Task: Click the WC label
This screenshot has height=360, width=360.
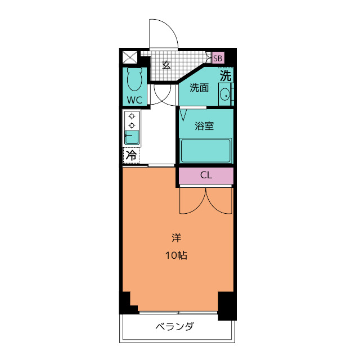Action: (134, 100)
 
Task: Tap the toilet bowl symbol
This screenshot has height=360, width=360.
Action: (134, 80)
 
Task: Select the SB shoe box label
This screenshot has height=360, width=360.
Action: (218, 58)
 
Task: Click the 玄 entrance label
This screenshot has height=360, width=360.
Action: (166, 64)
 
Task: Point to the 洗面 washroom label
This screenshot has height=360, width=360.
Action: (199, 88)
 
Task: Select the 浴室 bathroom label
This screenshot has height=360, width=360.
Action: (204, 126)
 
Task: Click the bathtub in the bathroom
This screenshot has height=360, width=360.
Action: (205, 150)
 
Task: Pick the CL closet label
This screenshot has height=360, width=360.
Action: (206, 175)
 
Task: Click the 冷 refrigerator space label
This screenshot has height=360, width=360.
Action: (131, 155)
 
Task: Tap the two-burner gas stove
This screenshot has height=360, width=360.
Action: (132, 120)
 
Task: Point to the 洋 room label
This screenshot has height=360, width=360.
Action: (176, 237)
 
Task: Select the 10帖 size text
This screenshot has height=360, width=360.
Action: (176, 255)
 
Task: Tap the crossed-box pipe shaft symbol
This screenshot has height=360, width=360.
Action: (130, 57)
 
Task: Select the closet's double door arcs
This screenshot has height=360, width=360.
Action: (206, 201)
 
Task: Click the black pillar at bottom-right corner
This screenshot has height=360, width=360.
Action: (226, 305)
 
